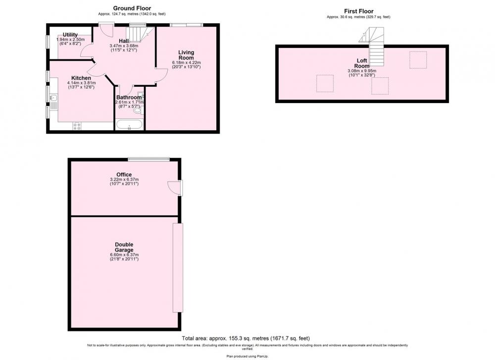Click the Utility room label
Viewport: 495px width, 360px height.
point(70,35)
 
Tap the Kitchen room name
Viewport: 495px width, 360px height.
point(81,78)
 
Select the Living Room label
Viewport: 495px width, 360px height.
point(186,55)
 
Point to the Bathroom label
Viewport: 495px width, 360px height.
point(129,97)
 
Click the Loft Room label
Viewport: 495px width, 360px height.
point(362,63)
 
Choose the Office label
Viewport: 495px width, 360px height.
point(124,175)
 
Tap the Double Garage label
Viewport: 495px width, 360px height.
point(124,247)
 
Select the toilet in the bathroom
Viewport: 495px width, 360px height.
point(138,110)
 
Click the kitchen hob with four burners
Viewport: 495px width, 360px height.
point(77,126)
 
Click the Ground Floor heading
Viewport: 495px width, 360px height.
point(132,8)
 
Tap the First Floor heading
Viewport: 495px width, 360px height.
point(358,11)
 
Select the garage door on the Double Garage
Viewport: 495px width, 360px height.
point(178,268)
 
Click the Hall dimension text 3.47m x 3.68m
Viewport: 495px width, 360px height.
point(124,46)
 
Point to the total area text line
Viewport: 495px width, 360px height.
point(246,338)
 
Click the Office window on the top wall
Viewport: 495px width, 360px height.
point(148,159)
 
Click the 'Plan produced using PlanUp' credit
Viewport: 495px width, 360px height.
point(247,356)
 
